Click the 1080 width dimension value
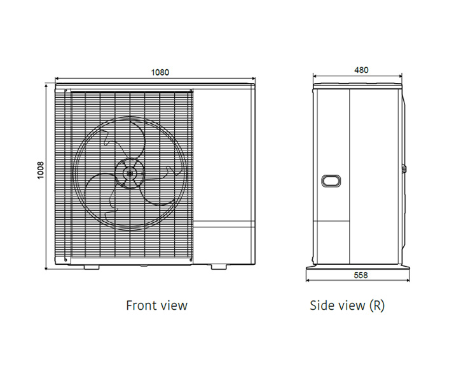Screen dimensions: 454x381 pos(160,72)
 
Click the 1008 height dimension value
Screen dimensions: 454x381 pos(41,170)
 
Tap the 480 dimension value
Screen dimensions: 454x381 pos(361,70)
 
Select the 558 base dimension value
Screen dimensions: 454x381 pos(361,275)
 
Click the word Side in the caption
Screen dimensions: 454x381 pos(322,305)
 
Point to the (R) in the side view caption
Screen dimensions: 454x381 pos(377,305)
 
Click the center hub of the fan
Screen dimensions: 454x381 pos(130,173)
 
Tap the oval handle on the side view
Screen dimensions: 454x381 pos(331,181)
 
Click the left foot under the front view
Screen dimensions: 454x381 pos(92,267)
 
